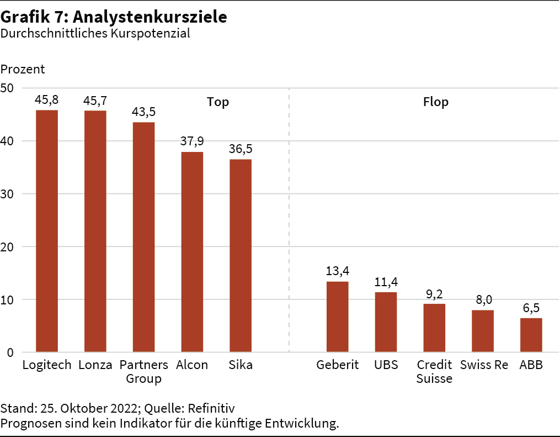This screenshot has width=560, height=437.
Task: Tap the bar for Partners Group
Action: (x=143, y=237)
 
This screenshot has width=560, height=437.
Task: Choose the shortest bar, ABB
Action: (x=531, y=335)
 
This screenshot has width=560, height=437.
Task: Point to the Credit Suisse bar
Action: (x=434, y=328)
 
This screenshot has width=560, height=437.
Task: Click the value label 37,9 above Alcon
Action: (x=192, y=141)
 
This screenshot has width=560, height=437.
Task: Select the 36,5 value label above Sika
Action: (x=241, y=149)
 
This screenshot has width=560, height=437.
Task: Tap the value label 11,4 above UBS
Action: (x=386, y=282)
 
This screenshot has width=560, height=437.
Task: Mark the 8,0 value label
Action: (x=483, y=299)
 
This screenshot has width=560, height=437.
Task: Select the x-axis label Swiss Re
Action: (x=484, y=365)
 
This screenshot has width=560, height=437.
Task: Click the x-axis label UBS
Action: (x=386, y=365)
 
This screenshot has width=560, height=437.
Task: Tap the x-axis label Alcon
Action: (x=192, y=365)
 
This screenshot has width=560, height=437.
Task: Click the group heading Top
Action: (x=218, y=102)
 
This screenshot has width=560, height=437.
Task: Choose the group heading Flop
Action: (x=435, y=102)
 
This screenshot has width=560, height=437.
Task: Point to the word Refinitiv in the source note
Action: (x=211, y=409)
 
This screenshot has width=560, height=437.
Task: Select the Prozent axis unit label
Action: (x=23, y=70)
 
